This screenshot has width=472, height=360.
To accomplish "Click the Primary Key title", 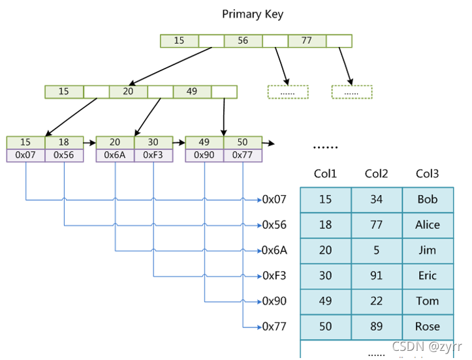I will tap(253, 14).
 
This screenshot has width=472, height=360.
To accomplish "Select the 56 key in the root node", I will tap(243, 40).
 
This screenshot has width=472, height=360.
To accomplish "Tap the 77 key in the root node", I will tap(307, 40).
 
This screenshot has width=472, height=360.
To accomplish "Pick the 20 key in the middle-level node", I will tap(128, 91).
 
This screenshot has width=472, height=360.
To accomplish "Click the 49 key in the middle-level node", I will tap(192, 91).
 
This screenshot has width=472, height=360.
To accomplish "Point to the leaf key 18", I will tap(64, 142).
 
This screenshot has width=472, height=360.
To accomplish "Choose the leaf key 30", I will tap(153, 142).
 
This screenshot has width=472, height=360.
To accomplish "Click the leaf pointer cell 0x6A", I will tap(115, 155).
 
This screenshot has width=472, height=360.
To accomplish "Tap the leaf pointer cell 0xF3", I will tap(153, 155).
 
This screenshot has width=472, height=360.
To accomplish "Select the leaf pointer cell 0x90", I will tap(204, 155).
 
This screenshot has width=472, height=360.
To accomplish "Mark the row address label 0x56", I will tap(274, 225).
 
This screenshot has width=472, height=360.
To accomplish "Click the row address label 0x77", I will tap(274, 326).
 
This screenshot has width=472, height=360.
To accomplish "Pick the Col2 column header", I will tap(377, 174).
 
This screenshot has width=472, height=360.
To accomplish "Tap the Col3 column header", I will tap(428, 174).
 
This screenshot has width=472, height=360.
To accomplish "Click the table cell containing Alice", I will tap(428, 225).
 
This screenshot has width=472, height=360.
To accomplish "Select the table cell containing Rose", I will tap(428, 326).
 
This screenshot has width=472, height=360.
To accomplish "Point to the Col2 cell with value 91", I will tap(377, 276).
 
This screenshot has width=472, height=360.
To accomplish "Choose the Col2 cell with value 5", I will tap(377, 250).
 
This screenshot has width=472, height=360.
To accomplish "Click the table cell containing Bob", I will tap(428, 200).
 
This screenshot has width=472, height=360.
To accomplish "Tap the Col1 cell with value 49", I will tap(326, 301).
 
